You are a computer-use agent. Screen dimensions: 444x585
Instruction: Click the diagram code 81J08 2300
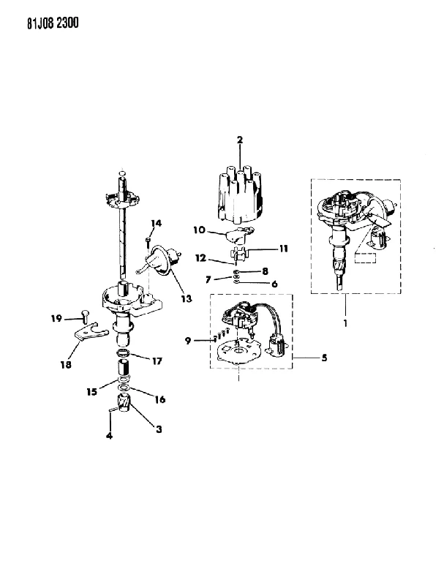pyautogui.click(x=53, y=23)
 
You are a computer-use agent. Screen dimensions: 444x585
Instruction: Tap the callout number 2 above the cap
pyautogui.click(x=239, y=140)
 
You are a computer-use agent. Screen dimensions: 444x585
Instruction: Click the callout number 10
pyautogui.click(x=200, y=230)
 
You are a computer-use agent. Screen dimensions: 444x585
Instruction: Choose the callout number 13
pyautogui.click(x=187, y=298)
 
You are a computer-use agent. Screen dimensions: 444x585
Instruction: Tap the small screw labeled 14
pyautogui.click(x=148, y=242)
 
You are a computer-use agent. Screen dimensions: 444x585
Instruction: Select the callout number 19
pyautogui.click(x=57, y=319)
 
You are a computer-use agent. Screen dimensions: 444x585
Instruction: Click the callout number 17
pyautogui.click(x=157, y=361)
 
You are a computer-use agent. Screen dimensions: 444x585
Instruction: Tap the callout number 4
pyautogui.click(x=110, y=435)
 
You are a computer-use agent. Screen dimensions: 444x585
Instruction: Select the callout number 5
pyautogui.click(x=324, y=358)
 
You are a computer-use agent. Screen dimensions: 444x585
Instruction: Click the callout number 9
pyautogui.click(x=188, y=341)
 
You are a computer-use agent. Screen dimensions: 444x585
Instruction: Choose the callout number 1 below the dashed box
pyautogui.click(x=345, y=323)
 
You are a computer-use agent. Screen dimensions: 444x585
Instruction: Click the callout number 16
pyautogui.click(x=159, y=399)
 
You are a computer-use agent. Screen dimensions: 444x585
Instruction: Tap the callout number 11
pyautogui.click(x=284, y=248)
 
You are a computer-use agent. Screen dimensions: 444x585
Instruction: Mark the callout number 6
pyautogui.click(x=274, y=284)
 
